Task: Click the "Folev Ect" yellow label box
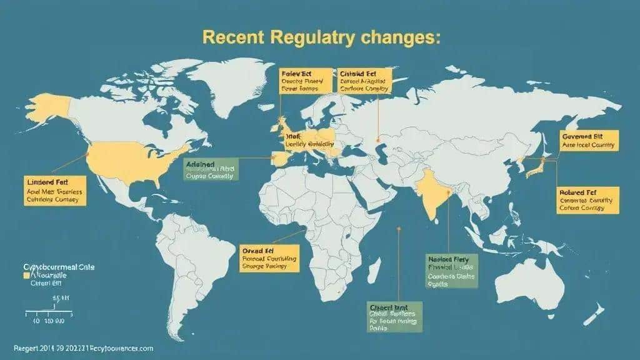point(303,81)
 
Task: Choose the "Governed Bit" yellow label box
point(588,140)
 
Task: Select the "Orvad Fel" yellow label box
point(270,257)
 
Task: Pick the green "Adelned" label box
point(209,169)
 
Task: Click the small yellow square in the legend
point(26,274)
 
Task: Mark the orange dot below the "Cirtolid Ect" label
point(378,139)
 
